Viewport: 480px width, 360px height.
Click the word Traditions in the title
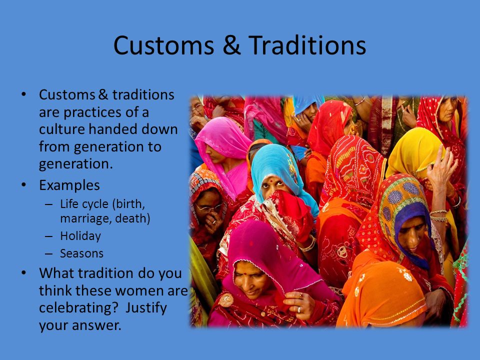tap(307, 45)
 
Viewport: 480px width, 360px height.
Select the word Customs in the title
tap(164, 45)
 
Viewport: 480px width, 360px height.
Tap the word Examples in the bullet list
tap(69, 185)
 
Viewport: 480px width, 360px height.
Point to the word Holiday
tap(80, 236)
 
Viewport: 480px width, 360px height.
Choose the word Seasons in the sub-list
tap(81, 253)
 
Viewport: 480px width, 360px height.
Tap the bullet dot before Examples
tap(24, 185)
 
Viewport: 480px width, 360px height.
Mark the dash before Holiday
tap(48, 236)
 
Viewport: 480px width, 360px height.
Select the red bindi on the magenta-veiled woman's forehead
tap(245, 272)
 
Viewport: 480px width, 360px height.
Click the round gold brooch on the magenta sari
tap(226, 300)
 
